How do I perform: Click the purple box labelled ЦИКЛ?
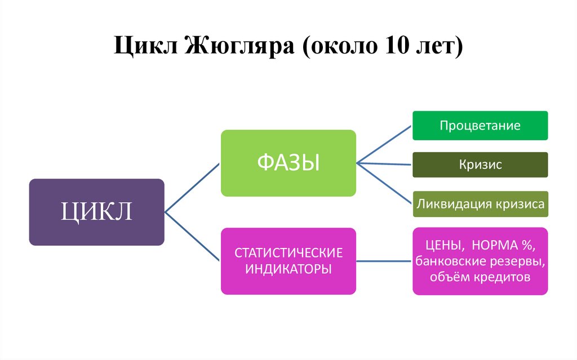[x=96, y=212]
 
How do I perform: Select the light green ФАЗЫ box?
[x=288, y=163]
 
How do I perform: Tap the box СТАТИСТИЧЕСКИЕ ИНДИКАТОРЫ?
[x=288, y=261]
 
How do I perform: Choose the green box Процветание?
[x=480, y=126]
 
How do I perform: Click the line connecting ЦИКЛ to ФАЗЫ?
[x=192, y=188]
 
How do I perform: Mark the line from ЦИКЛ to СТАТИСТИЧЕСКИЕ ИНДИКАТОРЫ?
[x=192, y=237]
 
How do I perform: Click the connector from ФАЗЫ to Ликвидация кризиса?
[x=384, y=183]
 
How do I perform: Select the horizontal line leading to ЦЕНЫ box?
[x=384, y=261]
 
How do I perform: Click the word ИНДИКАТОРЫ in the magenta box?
[x=288, y=269]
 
